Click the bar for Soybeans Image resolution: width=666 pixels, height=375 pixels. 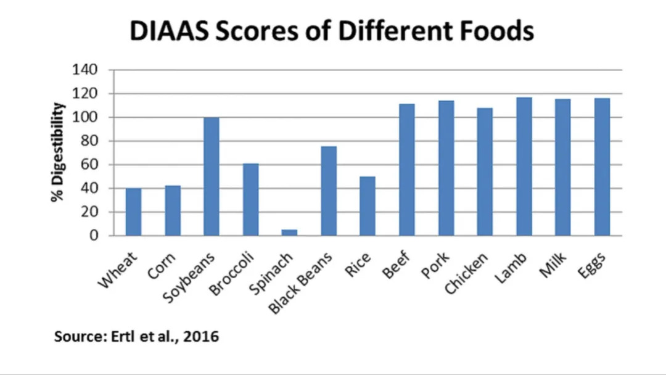point(211,176)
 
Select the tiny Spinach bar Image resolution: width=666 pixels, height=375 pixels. point(289,233)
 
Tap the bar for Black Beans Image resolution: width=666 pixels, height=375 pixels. point(329,191)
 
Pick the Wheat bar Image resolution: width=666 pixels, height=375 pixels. point(133,212)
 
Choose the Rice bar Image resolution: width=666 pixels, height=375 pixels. point(368,206)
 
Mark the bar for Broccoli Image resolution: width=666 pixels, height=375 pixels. point(250,199)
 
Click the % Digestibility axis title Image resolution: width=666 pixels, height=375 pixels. point(58,152)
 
